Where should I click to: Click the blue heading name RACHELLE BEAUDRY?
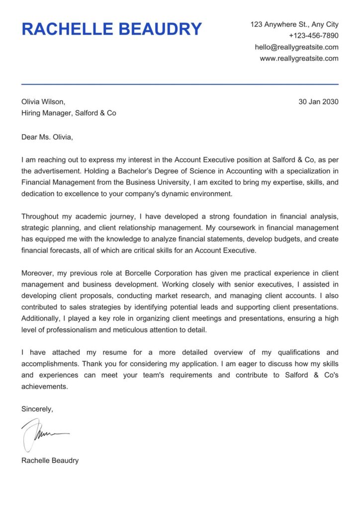pos(111,29)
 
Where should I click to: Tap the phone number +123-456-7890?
pos(313,36)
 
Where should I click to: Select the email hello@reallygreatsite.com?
pos(296,47)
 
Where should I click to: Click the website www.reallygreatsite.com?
pos(299,59)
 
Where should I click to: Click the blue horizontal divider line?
pos(180,84)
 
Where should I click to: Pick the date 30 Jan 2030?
pos(318,102)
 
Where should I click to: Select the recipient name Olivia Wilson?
pos(43,102)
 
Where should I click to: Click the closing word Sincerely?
pos(37,409)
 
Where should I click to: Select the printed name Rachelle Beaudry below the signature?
pos(50,460)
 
